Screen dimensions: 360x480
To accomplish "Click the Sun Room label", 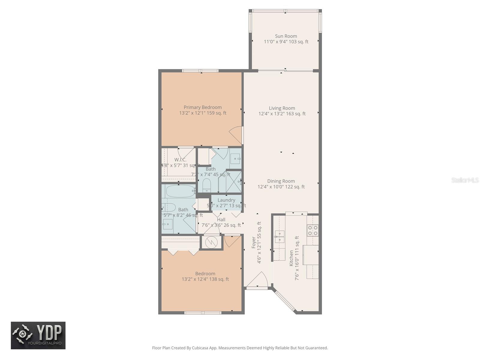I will (286, 36).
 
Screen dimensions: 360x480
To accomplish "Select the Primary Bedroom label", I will (202, 107).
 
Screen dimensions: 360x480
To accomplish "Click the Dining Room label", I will (281, 181).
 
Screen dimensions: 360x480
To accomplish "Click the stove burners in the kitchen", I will (313, 230).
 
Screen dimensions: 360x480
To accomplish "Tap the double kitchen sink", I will (280, 237).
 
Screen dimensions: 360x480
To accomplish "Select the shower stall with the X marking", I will (234, 181).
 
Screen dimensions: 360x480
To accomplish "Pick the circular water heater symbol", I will (212, 242).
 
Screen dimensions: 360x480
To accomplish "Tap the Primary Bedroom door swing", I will (236, 135).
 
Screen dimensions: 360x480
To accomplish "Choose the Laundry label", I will (226, 200).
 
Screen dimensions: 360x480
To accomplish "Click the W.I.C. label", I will (180, 160).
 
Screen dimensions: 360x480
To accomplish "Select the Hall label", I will (221, 220).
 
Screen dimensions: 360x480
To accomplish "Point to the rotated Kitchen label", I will (291, 258).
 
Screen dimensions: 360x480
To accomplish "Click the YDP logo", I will (38, 335).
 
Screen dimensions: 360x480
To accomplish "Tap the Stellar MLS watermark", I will (465, 180).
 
